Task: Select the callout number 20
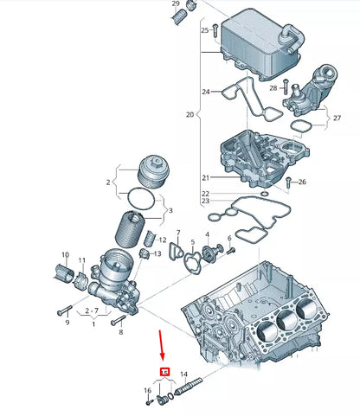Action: point(190,114)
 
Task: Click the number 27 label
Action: point(337,118)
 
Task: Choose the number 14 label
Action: point(207,373)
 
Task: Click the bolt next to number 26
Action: point(290,182)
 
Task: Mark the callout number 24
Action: point(205,91)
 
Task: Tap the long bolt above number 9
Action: point(65,308)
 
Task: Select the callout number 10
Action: point(64,255)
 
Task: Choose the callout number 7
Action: point(177,233)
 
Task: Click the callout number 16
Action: point(147,391)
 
